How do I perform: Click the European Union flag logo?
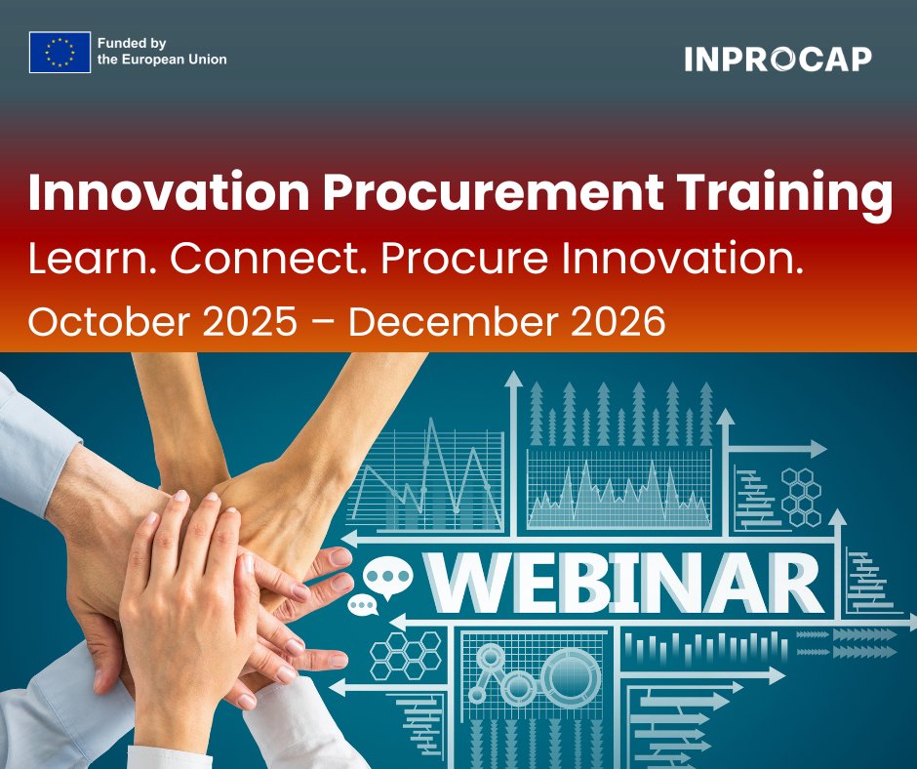[60, 53]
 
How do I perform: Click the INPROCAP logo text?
[777, 60]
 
